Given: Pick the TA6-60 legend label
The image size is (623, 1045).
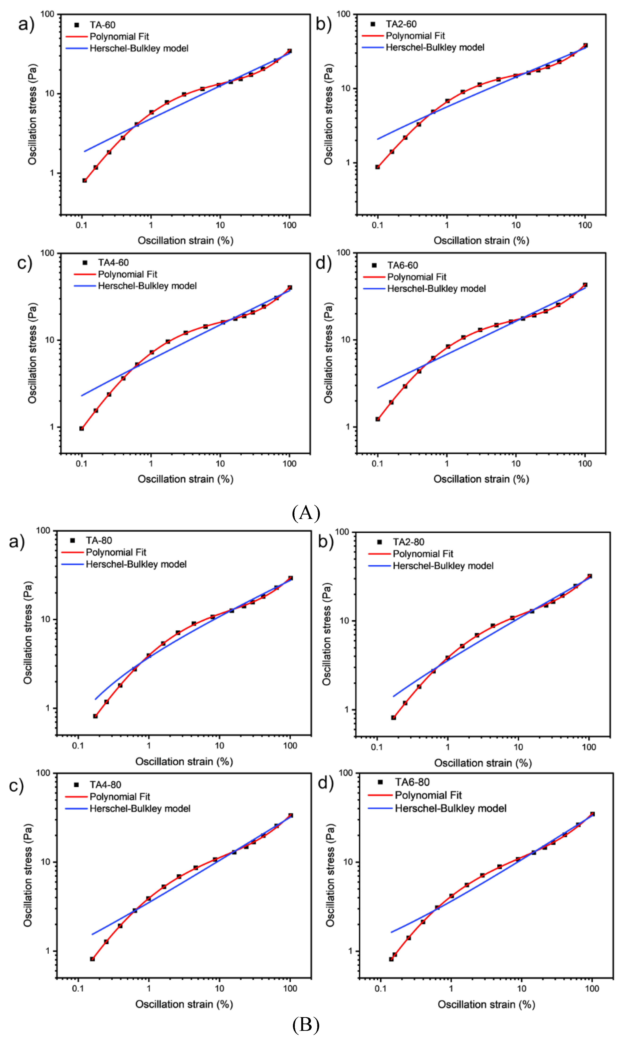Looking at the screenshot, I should click(403, 265).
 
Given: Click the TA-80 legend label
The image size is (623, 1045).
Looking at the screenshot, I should click(99, 540).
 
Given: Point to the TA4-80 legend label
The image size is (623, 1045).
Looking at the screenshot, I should click(105, 785).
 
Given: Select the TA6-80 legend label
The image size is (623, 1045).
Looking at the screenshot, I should click(412, 782).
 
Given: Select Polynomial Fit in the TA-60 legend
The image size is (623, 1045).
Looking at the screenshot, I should click(119, 37).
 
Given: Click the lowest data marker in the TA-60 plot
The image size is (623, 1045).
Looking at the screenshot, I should click(85, 180).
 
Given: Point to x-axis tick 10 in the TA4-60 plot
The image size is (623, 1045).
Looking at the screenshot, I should click(220, 464).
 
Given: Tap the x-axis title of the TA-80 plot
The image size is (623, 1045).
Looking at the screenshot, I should click(184, 762).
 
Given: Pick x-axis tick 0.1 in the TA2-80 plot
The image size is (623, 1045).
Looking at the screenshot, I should click(377, 747).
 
